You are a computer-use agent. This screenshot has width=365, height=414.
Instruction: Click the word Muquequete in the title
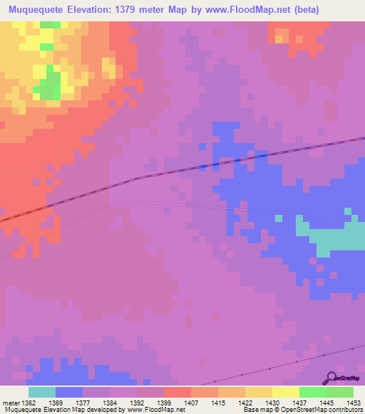click(32, 10)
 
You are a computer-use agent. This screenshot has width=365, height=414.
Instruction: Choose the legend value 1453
click(345, 402)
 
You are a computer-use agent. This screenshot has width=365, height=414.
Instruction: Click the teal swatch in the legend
click(41, 392)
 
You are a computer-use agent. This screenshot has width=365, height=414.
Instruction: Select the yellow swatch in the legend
click(285, 392)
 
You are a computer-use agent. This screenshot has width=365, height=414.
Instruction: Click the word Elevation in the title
click(88, 10)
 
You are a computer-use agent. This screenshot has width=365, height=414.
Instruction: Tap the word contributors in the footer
click(343, 410)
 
